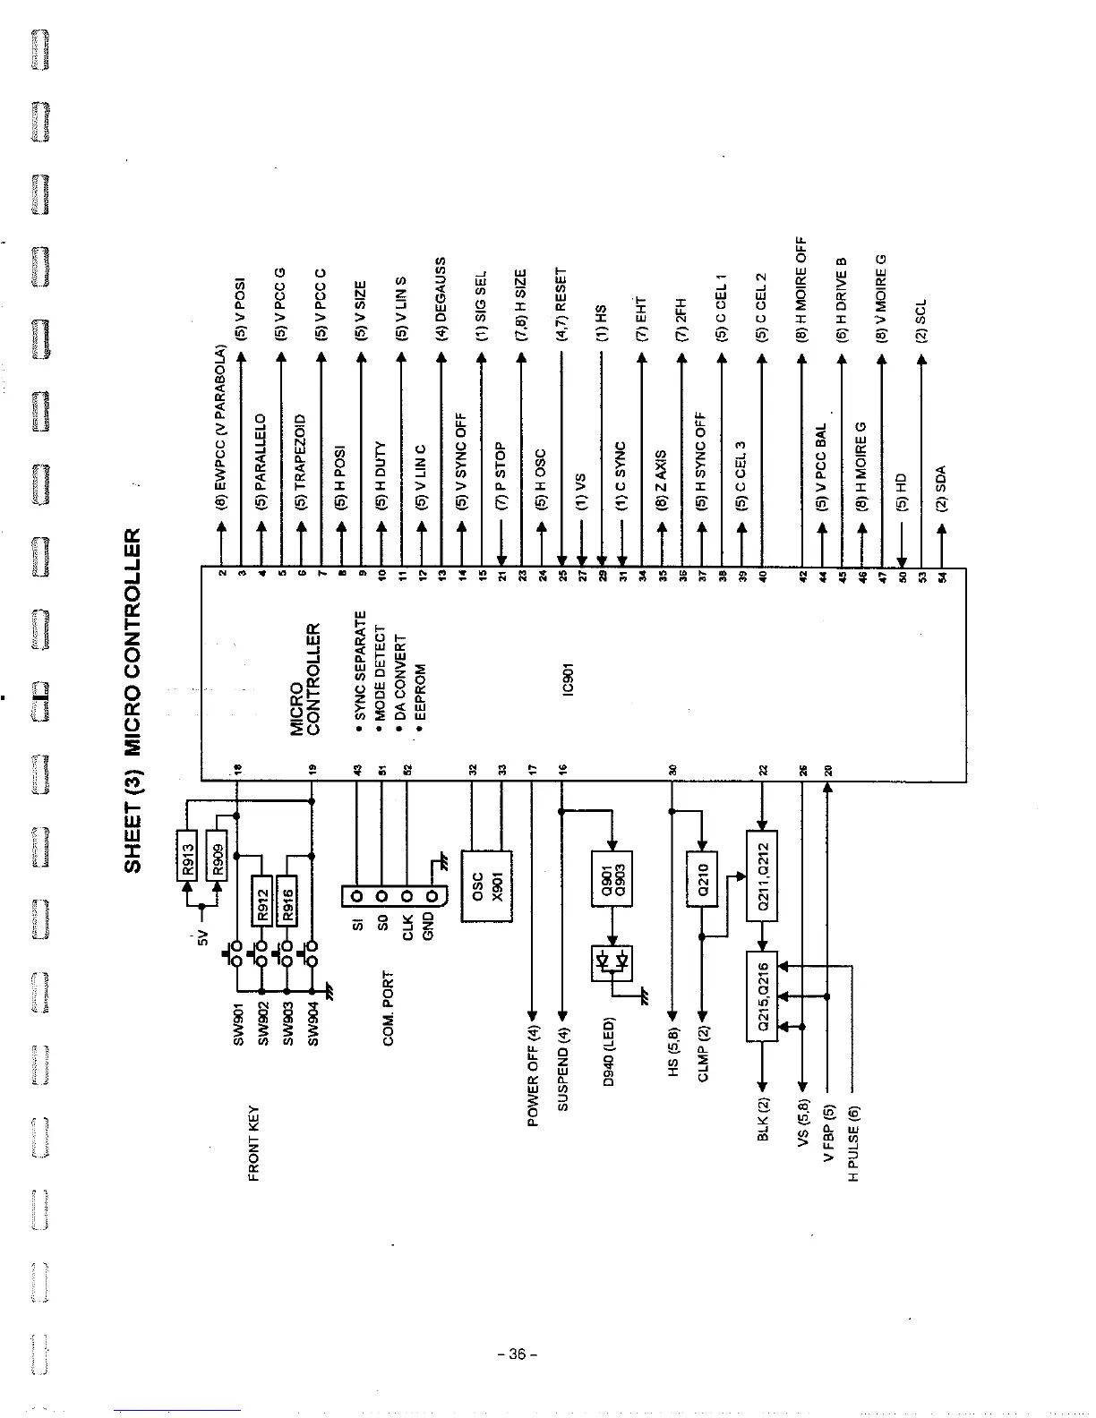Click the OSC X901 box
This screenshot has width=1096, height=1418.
pyautogui.click(x=486, y=884)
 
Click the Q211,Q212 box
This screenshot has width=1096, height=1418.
pyautogui.click(x=762, y=876)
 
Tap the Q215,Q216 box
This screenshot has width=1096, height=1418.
pyautogui.click(x=762, y=996)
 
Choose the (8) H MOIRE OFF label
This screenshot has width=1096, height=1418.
pyautogui.click(x=802, y=290)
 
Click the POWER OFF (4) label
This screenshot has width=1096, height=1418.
pyautogui.click(x=533, y=1076)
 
